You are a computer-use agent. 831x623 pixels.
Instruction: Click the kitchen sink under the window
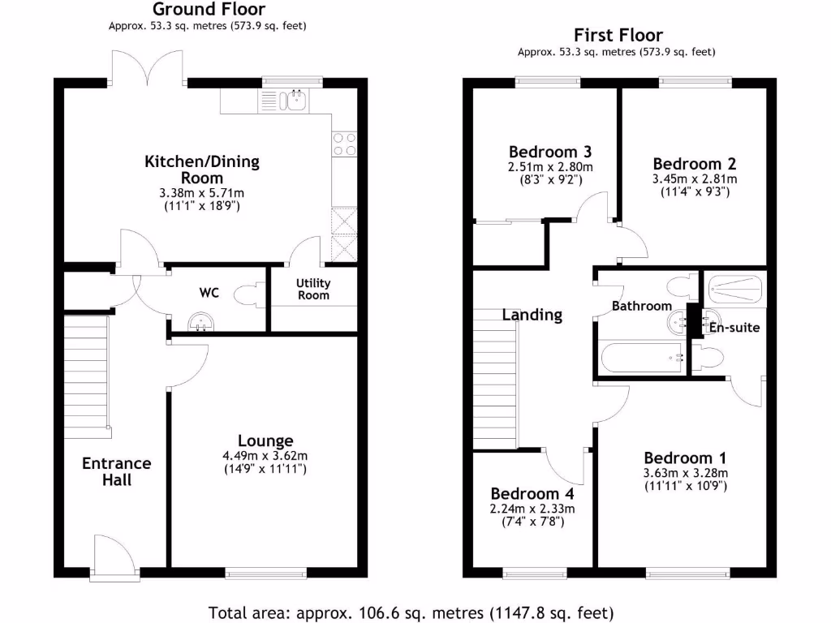[292, 101]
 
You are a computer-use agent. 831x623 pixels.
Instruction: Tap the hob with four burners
[344, 144]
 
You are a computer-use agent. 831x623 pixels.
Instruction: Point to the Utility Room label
[313, 290]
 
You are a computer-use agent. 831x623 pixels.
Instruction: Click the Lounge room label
[265, 440]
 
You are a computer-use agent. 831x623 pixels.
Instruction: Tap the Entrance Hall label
[117, 471]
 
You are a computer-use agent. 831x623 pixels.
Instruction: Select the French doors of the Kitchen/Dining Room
[147, 67]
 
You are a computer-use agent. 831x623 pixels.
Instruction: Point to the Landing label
[532, 315]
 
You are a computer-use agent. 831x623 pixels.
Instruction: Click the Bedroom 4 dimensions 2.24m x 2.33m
[532, 509]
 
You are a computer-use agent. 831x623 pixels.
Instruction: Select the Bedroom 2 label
[687, 164]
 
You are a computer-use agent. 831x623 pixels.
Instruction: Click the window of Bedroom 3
[548, 80]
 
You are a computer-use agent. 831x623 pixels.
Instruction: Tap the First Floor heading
[618, 35]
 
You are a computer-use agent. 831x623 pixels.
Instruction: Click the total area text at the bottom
[411, 612]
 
